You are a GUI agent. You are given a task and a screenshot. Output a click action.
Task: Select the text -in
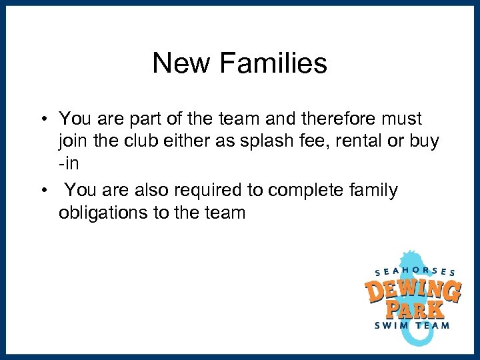coord(68,165)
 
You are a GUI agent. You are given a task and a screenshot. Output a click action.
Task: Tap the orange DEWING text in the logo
coord(413,291)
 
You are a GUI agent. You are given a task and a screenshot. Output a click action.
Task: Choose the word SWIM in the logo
coord(392,325)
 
